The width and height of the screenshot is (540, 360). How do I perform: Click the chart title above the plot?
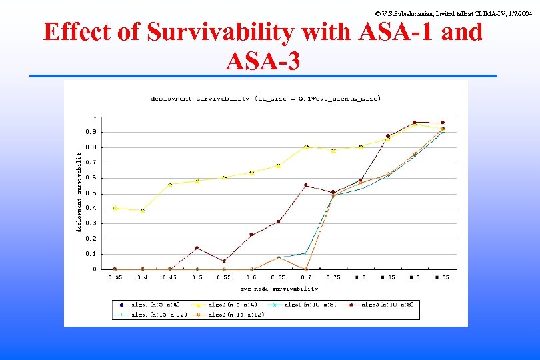265,99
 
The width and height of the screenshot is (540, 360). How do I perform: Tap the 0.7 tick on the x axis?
306,277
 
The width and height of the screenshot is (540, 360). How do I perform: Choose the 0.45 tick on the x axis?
169,277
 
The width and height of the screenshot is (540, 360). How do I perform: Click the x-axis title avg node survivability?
279,289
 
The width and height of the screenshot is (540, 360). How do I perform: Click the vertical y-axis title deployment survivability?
79,192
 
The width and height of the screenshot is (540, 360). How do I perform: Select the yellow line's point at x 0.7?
306,147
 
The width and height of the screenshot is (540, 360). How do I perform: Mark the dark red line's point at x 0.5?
197,248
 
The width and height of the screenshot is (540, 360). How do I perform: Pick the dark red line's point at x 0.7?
306,185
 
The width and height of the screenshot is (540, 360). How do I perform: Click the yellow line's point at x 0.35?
115,208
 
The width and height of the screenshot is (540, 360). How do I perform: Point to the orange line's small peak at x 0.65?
279,257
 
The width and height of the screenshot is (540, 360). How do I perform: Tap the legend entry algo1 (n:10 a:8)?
303,304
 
